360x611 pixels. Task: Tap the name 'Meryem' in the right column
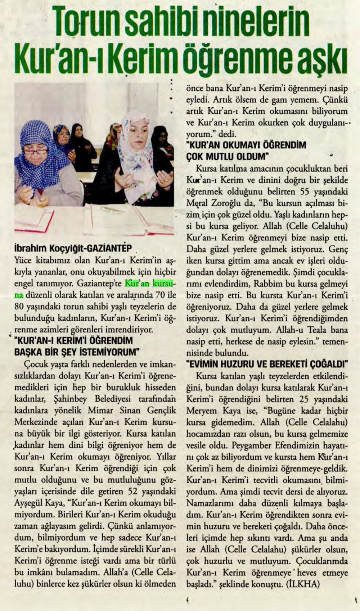tap(202, 411)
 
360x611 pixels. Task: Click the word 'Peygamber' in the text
tap(251, 445)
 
